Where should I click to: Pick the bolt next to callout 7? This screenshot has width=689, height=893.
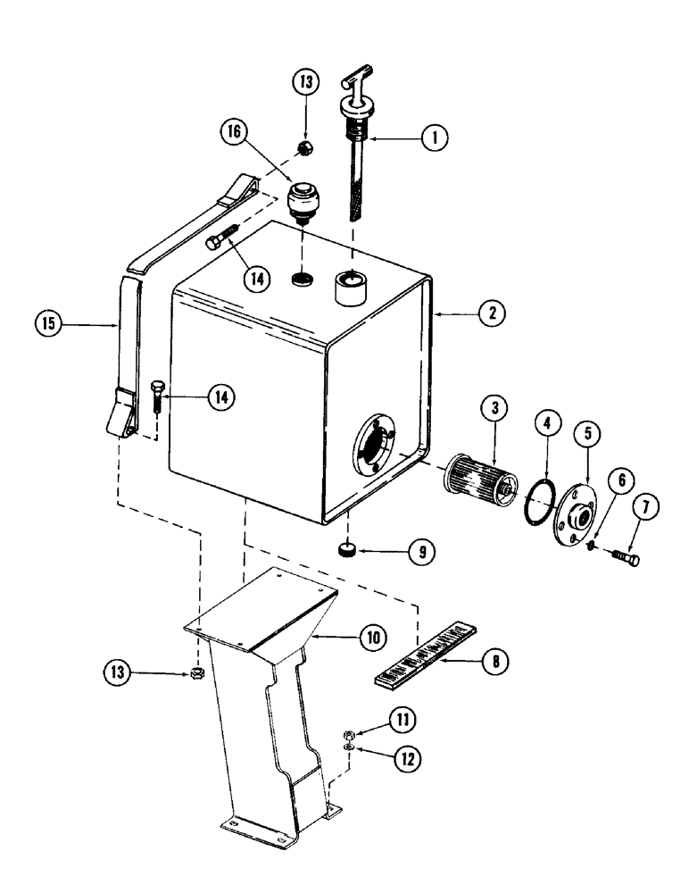[622, 555]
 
